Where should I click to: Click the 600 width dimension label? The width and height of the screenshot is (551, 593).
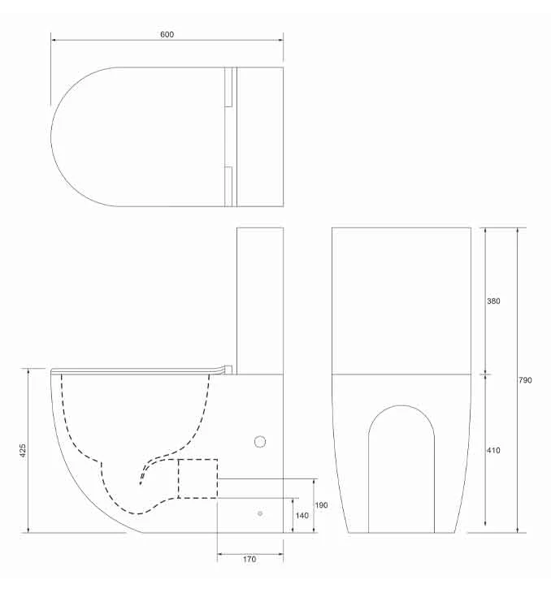(x=167, y=35)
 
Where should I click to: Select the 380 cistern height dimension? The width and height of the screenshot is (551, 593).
(x=493, y=301)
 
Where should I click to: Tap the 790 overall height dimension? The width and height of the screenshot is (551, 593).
(x=526, y=380)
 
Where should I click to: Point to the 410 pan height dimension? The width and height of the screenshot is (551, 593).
(x=493, y=450)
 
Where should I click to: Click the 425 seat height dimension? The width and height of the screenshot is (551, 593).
(x=23, y=448)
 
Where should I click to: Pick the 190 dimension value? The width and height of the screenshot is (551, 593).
(x=322, y=505)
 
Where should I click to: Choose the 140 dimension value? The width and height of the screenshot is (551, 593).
(x=302, y=515)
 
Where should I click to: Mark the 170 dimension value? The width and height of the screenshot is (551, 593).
(x=249, y=559)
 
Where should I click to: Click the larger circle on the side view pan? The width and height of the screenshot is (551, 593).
(x=260, y=442)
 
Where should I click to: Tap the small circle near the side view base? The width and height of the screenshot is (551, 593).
(x=260, y=513)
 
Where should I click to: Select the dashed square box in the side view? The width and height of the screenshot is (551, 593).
(x=197, y=478)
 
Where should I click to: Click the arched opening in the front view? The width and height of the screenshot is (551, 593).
(x=401, y=467)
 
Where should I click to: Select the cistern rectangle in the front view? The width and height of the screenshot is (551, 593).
(x=401, y=301)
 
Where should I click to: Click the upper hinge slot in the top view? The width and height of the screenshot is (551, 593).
(x=228, y=87)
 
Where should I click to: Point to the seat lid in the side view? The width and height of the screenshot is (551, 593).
(x=138, y=370)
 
